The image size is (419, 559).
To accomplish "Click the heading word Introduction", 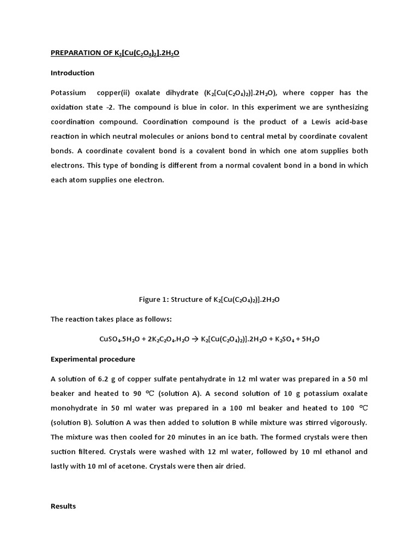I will pyautogui.click(x=73, y=73).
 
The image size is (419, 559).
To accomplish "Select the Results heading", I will pyautogui.click(x=63, y=506).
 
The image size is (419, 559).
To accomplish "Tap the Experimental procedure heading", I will pyautogui.click(x=93, y=359).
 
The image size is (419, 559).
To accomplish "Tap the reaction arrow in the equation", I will pyautogui.click(x=195, y=339).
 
